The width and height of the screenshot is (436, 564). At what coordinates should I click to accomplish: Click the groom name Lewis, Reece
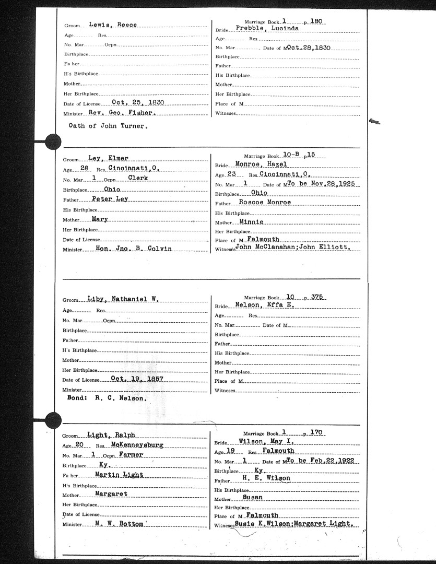[113, 25]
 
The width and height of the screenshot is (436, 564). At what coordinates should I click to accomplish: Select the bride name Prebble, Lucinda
[267, 28]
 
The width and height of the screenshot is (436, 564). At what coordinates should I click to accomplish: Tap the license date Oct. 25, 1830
[138, 103]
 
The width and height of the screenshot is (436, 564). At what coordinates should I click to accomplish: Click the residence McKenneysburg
[137, 445]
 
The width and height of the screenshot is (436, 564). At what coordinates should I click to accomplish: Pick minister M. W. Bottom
[122, 523]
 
